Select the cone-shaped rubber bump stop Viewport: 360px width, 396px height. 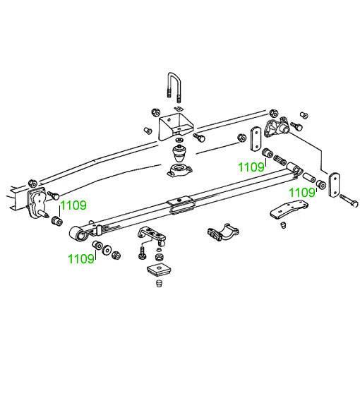(179, 154)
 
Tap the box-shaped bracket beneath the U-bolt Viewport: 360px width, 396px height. (176, 126)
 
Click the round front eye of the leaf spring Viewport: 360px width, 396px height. (78, 235)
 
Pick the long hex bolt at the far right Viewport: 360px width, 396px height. (349, 200)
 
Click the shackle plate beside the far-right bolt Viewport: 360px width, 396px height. (334, 184)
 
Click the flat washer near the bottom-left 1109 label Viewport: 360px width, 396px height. (107, 250)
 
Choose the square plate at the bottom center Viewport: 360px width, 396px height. (157, 270)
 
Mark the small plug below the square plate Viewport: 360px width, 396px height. (159, 283)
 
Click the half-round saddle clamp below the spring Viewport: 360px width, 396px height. (223, 232)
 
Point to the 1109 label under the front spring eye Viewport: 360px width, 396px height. (81, 259)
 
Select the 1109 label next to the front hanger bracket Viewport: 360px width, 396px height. (73, 205)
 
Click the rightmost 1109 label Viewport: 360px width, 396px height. (302, 193)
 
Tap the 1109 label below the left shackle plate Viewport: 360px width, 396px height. (251, 167)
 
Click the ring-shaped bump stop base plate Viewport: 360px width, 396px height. (180, 171)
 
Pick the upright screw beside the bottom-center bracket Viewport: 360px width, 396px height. (142, 253)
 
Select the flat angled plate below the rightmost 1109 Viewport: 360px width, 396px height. (289, 210)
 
